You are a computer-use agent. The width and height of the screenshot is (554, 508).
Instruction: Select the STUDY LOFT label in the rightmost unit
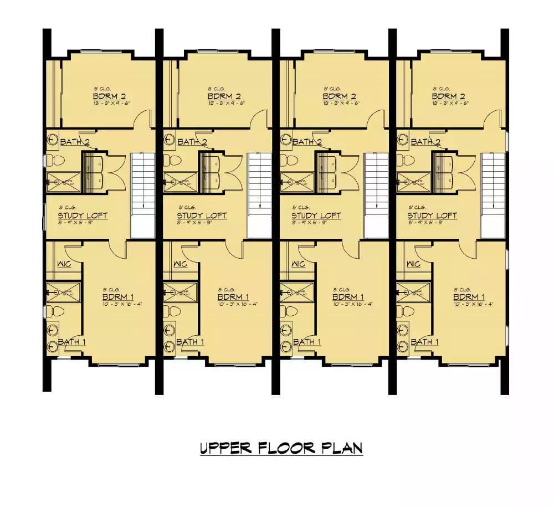(432, 215)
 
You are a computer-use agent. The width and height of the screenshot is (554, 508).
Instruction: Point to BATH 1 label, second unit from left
(190, 342)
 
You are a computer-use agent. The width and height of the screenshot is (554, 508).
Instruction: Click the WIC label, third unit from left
(297, 264)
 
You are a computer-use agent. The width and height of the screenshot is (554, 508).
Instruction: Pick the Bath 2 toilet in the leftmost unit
(56, 161)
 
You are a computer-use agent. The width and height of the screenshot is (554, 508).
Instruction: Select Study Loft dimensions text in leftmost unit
(83, 223)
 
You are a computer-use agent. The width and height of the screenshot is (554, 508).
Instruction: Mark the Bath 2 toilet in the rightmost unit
(407, 161)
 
